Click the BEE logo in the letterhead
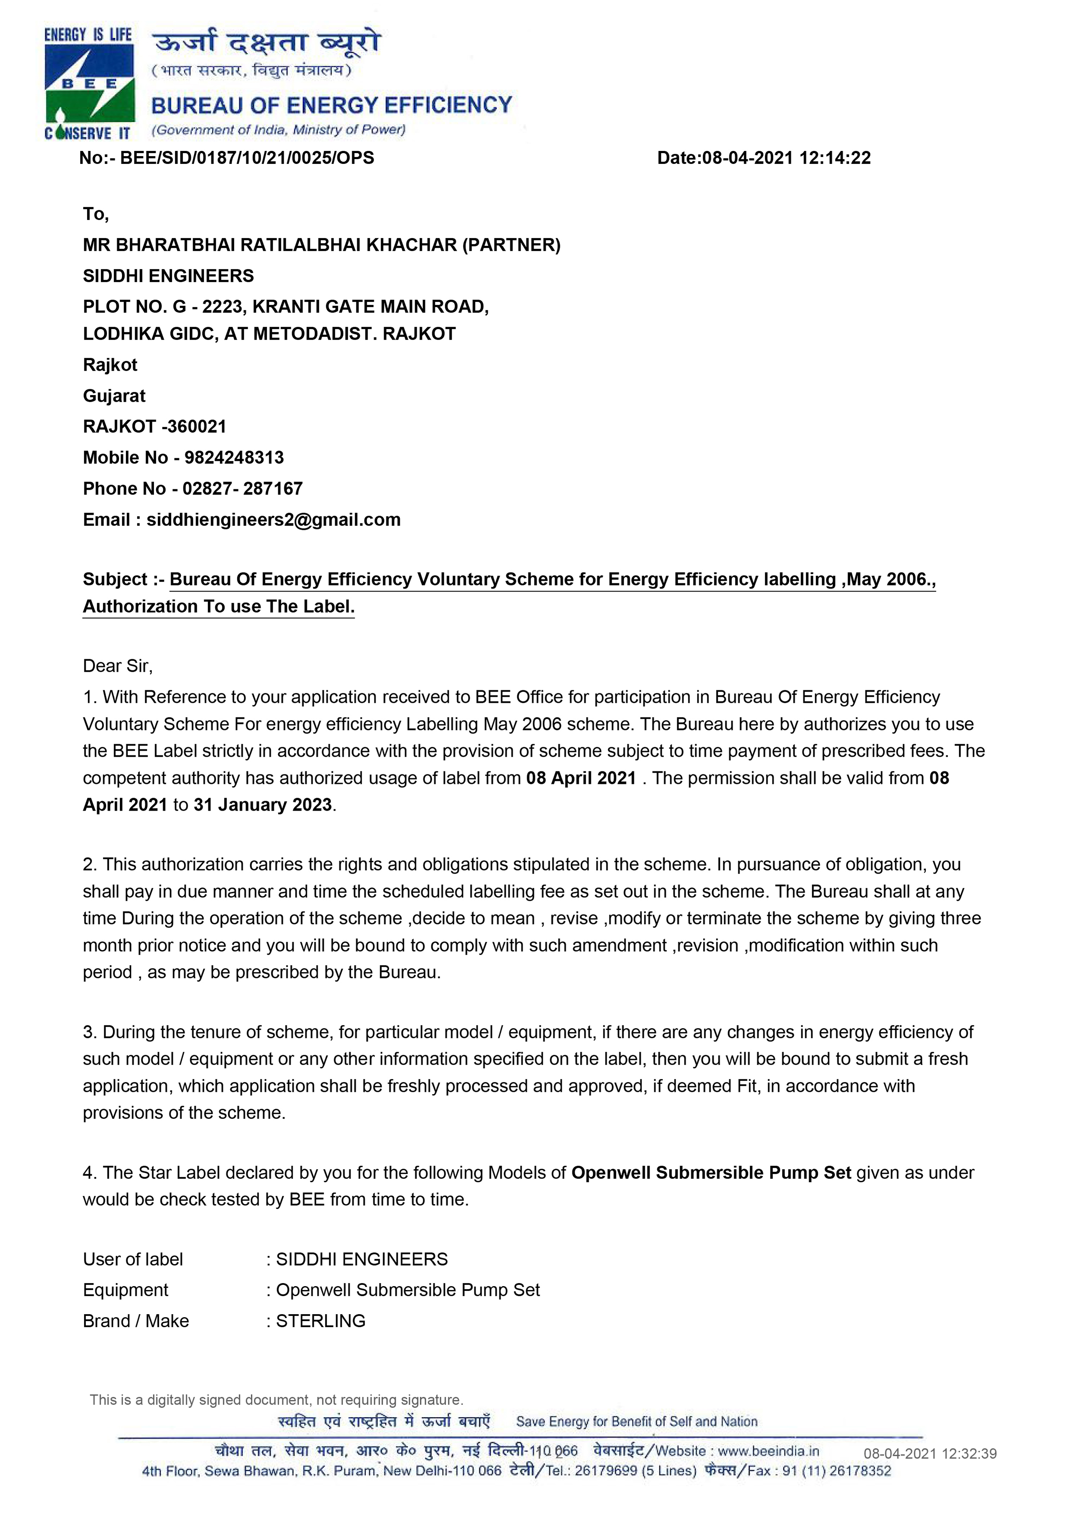[x=89, y=84]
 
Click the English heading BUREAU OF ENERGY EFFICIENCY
[x=331, y=105]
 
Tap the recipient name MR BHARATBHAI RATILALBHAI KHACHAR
[x=270, y=245]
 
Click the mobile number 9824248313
[x=234, y=457]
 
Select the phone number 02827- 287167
[x=242, y=488]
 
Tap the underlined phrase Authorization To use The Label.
[x=218, y=606]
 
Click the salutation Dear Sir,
[x=117, y=666]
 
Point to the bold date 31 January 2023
[x=262, y=805]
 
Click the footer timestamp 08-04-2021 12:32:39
[x=930, y=1454]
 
